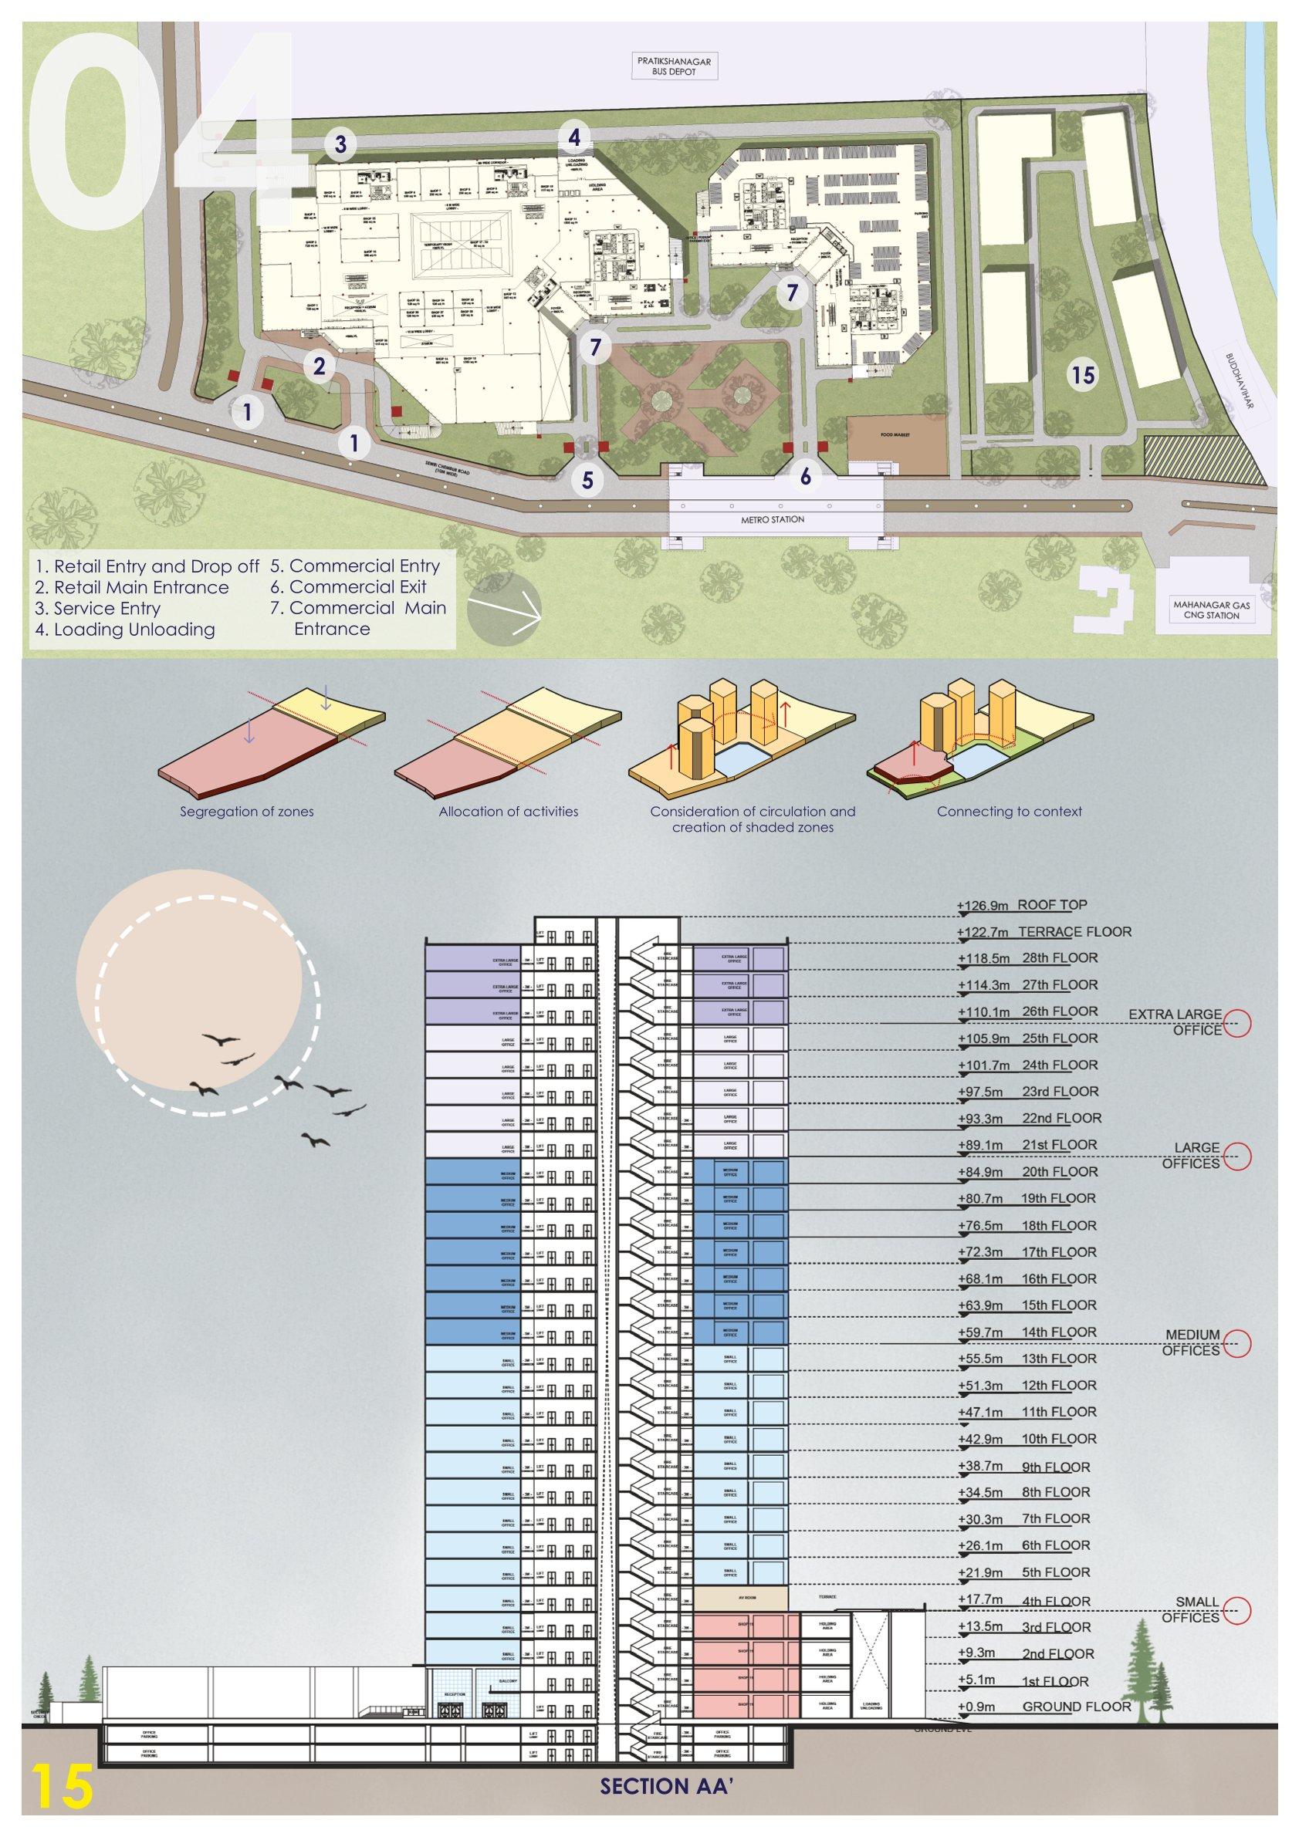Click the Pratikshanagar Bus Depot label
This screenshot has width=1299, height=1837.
click(x=674, y=66)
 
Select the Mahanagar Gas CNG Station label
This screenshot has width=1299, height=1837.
click(x=1211, y=610)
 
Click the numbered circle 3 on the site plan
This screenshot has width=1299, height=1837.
click(x=340, y=145)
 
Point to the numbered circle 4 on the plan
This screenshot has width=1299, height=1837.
click(x=574, y=137)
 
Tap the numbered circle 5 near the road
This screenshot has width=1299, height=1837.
click(x=588, y=480)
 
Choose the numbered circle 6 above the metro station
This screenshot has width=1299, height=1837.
click(x=805, y=477)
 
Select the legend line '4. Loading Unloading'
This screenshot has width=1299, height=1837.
click(x=125, y=629)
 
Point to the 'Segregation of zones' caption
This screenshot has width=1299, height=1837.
click(x=246, y=812)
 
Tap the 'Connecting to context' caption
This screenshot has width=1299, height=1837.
click(x=1010, y=812)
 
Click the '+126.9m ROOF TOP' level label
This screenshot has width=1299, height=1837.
click(x=1022, y=906)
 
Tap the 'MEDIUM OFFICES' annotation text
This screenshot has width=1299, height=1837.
click(x=1192, y=1342)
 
